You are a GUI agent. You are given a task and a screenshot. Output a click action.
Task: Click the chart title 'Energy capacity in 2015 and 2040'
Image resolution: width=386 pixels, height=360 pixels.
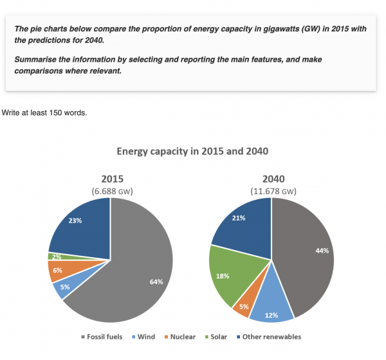[x=192, y=152]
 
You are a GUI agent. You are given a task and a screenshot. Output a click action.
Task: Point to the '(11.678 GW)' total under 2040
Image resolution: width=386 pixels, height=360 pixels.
[x=273, y=191]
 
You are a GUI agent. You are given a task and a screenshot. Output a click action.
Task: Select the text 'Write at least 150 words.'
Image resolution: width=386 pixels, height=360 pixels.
[x=44, y=113]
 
